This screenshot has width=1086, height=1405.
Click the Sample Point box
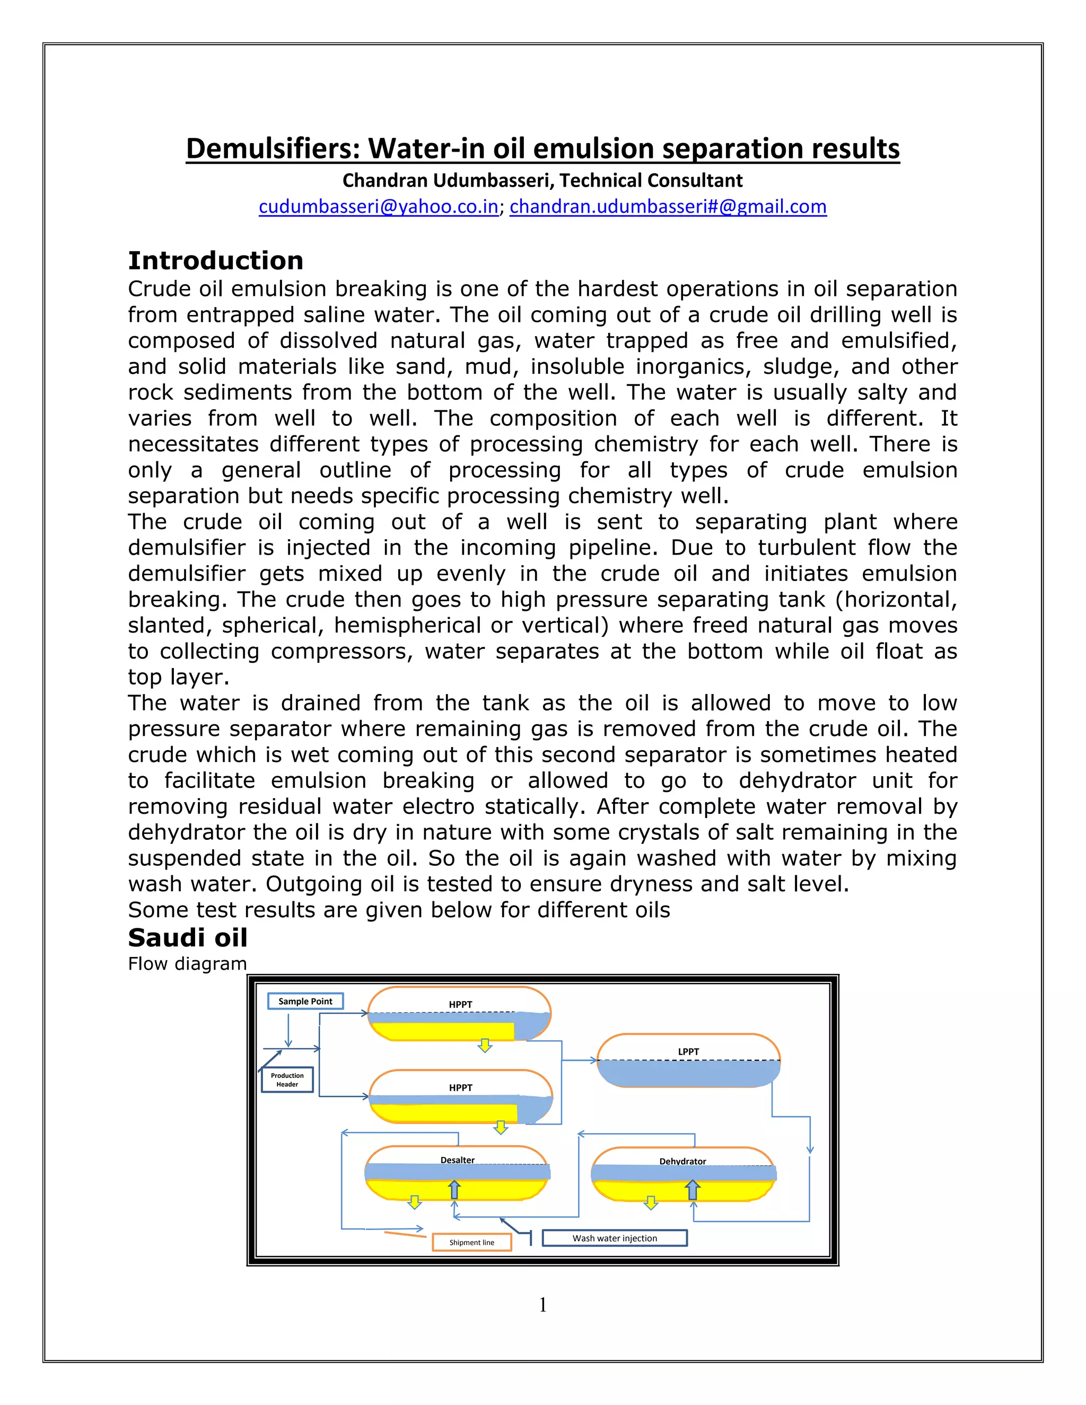click(305, 1001)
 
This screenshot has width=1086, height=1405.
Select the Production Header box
click(287, 1079)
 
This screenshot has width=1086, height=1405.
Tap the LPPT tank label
click(688, 1051)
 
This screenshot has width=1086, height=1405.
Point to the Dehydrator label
click(682, 1161)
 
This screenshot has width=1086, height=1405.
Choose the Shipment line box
click(471, 1242)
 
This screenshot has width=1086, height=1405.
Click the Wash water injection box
click(615, 1238)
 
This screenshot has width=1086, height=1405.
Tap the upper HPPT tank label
click(461, 1004)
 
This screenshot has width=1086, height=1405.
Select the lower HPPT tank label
click(461, 1087)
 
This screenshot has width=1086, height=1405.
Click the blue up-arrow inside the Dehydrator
click(692, 1190)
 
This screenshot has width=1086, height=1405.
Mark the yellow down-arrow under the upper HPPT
click(485, 1045)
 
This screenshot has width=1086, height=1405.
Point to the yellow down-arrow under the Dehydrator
click(651, 1202)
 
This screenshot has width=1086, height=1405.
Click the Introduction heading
click(215, 260)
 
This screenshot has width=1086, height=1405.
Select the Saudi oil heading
click(188, 937)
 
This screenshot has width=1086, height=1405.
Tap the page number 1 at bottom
click(542, 1305)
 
